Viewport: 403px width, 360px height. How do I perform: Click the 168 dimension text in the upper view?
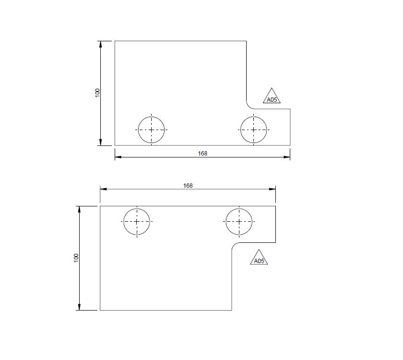[202, 154]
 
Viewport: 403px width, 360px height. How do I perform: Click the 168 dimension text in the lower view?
[188, 185]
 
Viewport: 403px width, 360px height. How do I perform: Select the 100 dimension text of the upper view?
[97, 93]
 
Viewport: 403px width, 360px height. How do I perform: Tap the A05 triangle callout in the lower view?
[259, 259]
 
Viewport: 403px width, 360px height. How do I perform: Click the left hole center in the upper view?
[151, 130]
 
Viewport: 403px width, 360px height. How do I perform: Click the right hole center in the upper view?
[253, 130]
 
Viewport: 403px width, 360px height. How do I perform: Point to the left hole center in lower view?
[137, 222]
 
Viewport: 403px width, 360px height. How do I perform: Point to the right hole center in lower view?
[239, 222]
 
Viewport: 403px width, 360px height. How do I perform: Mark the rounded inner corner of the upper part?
[249, 106]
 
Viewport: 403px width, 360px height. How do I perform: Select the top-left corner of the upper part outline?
[115, 41]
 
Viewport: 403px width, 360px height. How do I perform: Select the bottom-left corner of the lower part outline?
[100, 310]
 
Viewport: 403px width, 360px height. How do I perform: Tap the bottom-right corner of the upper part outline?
[290, 145]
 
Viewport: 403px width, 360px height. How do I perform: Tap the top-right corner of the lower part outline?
[276, 206]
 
